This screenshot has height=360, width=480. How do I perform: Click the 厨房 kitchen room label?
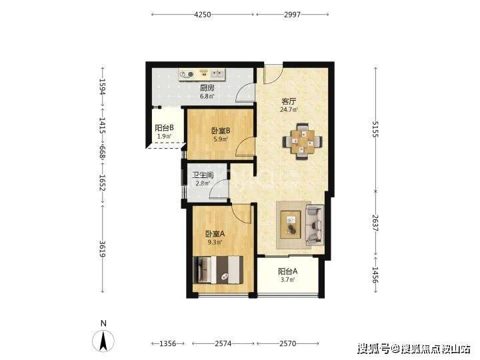(207, 88)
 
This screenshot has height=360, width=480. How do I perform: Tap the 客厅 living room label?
(289, 101)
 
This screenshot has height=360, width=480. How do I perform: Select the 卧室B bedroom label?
(221, 131)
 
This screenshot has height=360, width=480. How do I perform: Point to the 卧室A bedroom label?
(215, 234)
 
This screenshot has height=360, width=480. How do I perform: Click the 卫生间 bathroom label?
(203, 175)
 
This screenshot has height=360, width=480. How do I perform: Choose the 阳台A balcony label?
(287, 271)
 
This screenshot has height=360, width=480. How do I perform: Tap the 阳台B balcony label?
(165, 128)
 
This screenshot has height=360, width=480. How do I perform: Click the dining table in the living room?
(303, 141)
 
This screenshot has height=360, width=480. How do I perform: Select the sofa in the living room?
(315, 225)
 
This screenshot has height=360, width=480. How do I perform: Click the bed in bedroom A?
(219, 270)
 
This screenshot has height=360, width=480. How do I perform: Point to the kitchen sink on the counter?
(217, 73)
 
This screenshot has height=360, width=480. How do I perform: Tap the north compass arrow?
(103, 341)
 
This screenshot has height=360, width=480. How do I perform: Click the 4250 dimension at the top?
(203, 15)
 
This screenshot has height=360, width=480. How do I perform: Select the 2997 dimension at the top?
(293, 15)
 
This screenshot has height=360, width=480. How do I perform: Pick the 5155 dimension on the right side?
(375, 129)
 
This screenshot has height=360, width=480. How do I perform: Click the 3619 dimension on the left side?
(103, 249)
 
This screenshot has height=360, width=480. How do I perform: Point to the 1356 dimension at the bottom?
(168, 343)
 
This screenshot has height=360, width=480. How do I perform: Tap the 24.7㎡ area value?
(289, 109)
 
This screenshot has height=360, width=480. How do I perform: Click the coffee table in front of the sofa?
(291, 225)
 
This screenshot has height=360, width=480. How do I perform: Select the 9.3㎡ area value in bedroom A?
(215, 243)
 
